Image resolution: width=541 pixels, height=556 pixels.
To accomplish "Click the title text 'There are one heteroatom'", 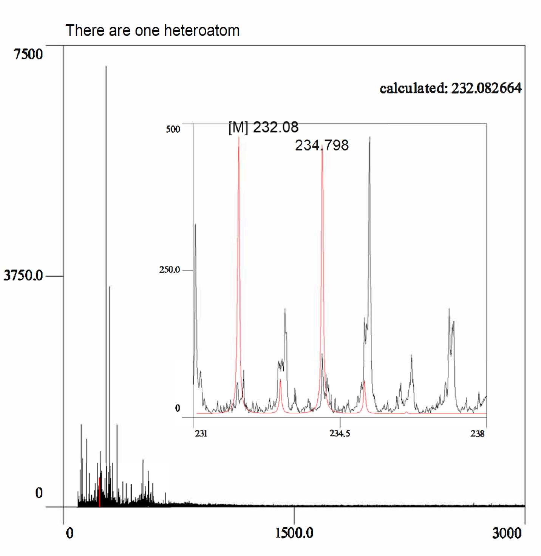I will tap(152, 31).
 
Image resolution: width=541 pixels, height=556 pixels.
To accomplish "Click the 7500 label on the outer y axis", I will tap(28, 54).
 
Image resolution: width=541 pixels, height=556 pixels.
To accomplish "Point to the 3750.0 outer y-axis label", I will tap(23, 276).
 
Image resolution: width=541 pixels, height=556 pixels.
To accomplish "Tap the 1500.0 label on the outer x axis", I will tap(294, 533).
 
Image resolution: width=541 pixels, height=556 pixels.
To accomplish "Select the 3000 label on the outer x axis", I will tap(507, 533).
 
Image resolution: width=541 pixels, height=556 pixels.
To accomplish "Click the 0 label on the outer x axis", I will tap(70, 533).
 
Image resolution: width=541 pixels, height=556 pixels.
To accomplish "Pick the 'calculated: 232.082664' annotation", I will tap(450, 88).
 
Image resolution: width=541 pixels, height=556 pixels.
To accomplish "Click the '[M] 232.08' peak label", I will tap(263, 127).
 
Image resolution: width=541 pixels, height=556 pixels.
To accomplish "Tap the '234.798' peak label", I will tap(322, 146).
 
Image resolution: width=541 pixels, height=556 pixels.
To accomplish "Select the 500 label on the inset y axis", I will tap(173, 129).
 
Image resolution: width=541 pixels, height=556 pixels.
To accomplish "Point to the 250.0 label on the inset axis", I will tap(169, 270).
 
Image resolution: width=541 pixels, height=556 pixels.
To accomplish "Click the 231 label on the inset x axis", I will tap(201, 434).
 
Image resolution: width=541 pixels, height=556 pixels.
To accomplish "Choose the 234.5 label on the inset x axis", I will tap(339, 434).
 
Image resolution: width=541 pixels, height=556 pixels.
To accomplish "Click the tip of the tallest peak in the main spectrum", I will tap(106, 67).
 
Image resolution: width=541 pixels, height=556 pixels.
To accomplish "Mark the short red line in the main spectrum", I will tap(99, 491).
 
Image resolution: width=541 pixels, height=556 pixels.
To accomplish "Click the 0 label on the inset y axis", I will tap(178, 409).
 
